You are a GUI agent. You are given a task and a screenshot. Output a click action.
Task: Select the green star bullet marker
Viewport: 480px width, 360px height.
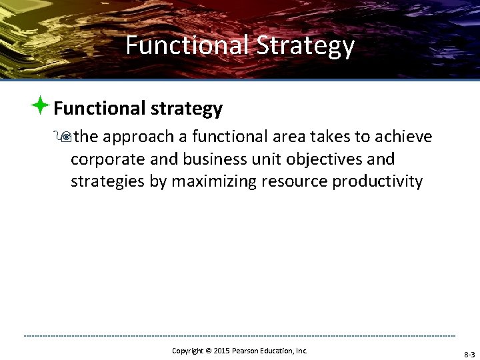coord(41,105)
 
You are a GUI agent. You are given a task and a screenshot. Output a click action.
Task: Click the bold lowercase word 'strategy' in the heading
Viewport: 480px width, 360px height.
coord(188,108)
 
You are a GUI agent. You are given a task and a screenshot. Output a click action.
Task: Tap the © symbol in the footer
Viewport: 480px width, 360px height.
coord(207,350)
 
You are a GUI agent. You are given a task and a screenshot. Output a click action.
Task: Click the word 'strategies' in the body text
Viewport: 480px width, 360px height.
coord(107,182)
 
